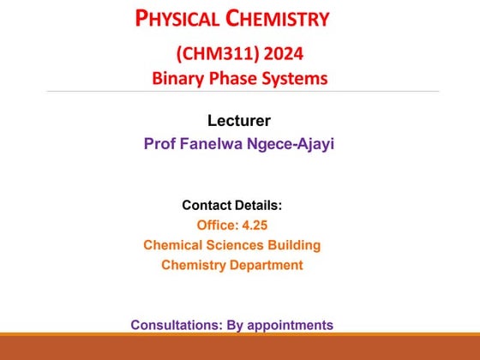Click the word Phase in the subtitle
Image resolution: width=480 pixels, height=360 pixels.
click(236, 79)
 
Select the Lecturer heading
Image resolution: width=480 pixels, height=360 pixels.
click(240, 121)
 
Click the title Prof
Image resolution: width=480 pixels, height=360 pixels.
click(160, 143)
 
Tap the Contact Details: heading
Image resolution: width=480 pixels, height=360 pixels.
click(231, 206)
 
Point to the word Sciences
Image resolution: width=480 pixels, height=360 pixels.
click(232, 245)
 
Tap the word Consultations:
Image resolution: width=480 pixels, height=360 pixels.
click(175, 325)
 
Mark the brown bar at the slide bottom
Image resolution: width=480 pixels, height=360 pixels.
click(240, 347)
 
